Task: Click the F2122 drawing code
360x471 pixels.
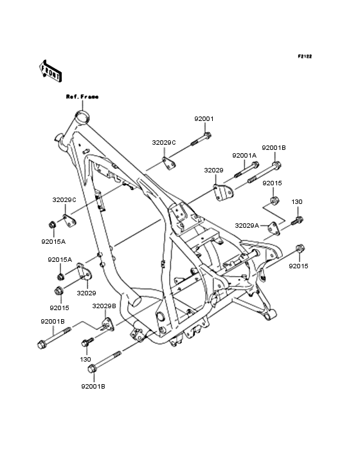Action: click(305, 56)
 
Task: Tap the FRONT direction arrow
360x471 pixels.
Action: click(50, 71)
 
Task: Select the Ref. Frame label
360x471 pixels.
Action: click(82, 97)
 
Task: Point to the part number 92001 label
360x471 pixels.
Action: click(204, 118)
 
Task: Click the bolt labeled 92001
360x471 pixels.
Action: click(201, 140)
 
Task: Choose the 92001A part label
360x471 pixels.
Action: click(244, 156)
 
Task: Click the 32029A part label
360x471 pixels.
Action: click(247, 226)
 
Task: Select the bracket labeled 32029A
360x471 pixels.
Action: click(274, 229)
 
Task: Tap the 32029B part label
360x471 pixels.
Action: click(104, 306)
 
